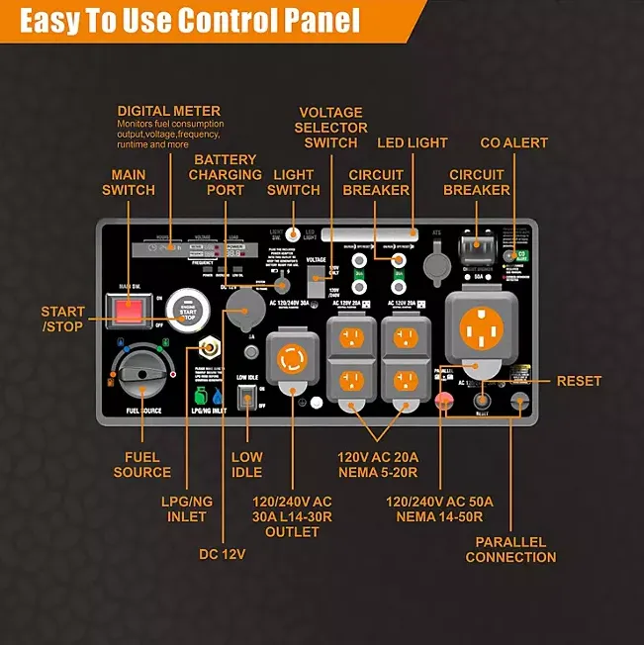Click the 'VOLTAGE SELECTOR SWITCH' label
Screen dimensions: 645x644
[x=330, y=128]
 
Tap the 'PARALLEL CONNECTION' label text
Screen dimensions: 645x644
[x=510, y=550]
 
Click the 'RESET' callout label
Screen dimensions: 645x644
[x=579, y=381]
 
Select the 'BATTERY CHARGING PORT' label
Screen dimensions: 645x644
[x=225, y=175]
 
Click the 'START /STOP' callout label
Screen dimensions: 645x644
[x=63, y=319]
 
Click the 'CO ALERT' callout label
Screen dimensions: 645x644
[x=513, y=143]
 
